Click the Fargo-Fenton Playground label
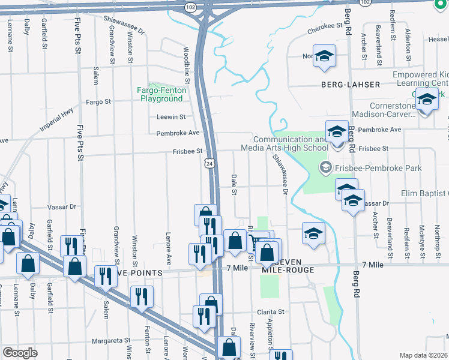pyautogui.click(x=162, y=94)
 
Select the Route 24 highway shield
pyautogui.click(x=208, y=163)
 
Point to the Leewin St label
pyautogui.click(x=171, y=117)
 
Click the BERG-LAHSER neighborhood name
pyautogui.click(x=350, y=85)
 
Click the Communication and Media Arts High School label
pyautogui.click(x=285, y=143)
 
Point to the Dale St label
pyautogui.click(x=234, y=184)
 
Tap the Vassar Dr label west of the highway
pyautogui.click(x=64, y=206)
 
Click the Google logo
pyautogui.click(x=20, y=353)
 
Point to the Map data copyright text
pyautogui.click(x=424, y=355)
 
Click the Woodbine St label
pyautogui.click(x=187, y=66)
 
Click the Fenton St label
pyautogui.click(x=147, y=340)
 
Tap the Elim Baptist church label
pyautogui.click(x=425, y=193)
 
